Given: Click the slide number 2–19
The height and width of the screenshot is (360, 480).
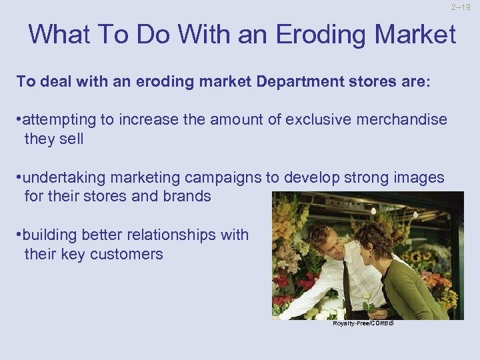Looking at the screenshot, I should [461, 8].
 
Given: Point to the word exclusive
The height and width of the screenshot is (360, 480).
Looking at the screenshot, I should [315, 120].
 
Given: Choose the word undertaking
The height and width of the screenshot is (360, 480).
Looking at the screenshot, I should [64, 178].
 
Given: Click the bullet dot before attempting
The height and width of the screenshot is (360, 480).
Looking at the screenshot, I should [19, 121].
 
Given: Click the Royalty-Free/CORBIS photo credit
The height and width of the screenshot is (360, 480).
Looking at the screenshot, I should [363, 323].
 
